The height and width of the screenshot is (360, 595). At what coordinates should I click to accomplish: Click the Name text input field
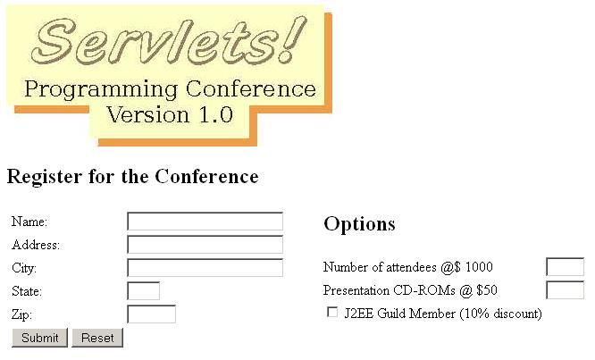[x=205, y=222]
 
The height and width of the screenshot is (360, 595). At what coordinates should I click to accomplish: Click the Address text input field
[x=205, y=244]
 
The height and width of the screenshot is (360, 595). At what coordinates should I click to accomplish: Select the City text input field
[x=205, y=268]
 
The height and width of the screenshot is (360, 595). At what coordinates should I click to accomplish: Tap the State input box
[x=144, y=291]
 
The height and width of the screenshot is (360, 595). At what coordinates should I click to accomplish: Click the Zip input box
[x=151, y=314]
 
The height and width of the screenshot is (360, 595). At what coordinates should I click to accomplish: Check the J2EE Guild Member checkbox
[x=332, y=312]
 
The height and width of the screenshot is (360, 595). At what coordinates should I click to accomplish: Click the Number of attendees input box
[x=565, y=267]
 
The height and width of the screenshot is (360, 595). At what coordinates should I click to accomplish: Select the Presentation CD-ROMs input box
[x=565, y=290]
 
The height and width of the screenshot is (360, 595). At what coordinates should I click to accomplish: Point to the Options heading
[x=359, y=224]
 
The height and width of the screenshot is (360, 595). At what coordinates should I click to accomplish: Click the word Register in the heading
[x=45, y=177]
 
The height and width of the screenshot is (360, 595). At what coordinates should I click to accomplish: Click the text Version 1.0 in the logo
[x=170, y=115]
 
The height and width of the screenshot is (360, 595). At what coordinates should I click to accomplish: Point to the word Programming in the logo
[x=101, y=90]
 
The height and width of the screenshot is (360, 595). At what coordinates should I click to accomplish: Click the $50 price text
[x=487, y=290]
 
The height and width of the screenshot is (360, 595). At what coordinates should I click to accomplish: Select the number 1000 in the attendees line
[x=479, y=267]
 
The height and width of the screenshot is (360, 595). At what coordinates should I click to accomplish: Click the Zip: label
[x=21, y=314]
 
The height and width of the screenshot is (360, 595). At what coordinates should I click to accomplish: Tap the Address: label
[x=36, y=245]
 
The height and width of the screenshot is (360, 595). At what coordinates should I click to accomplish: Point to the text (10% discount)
[x=500, y=314]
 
